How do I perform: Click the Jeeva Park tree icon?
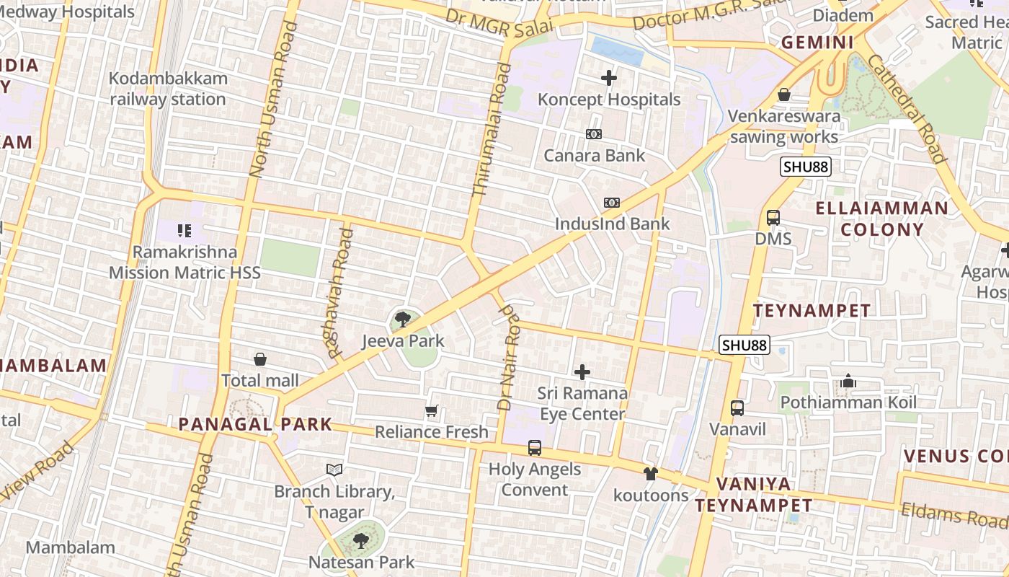pos(403,318)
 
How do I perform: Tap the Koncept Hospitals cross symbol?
pos(609,77)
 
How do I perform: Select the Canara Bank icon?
pos(594,134)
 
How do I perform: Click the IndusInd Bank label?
pos(612,224)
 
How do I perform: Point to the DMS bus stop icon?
pos(773,217)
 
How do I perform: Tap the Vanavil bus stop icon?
pos(737,408)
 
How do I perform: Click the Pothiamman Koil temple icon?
pos(848,381)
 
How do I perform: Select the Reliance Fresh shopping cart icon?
pos(432,411)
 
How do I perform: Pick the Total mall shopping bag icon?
pos(260,359)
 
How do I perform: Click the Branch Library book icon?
pos(334,470)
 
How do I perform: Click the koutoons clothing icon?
pos(651,474)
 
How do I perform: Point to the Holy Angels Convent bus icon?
pos(535,448)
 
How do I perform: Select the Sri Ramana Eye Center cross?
pos(582,372)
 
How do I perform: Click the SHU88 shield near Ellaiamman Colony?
pos(806,167)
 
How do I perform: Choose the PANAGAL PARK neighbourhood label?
pos(255,424)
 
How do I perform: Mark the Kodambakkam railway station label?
pos(168,89)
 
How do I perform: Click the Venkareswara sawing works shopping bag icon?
pos(784,94)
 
